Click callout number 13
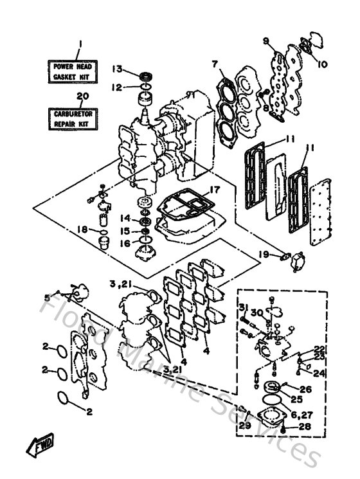pyautogui.click(x=117, y=69)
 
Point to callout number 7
pyautogui.click(x=216, y=64)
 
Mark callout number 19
pyautogui.click(x=264, y=254)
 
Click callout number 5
pyautogui.click(x=46, y=296)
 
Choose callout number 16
pyautogui.click(x=127, y=242)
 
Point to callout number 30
pyautogui.click(x=257, y=313)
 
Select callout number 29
pyautogui.click(x=244, y=426)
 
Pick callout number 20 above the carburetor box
pyautogui.click(x=81, y=96)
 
